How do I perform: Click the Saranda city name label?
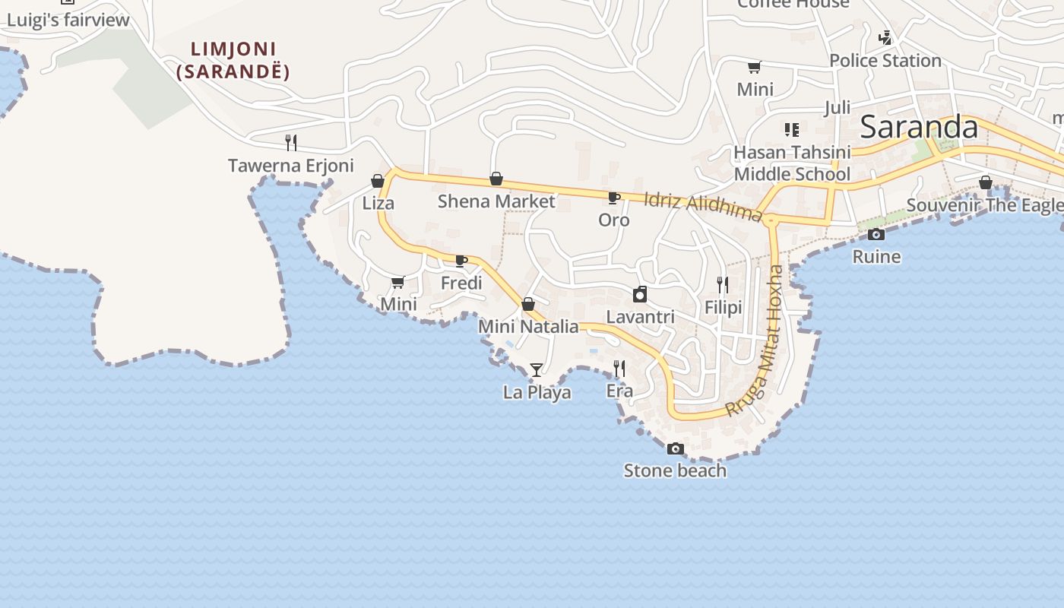[918, 127]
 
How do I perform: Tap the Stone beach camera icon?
[675, 449]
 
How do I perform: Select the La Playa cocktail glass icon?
[537, 370]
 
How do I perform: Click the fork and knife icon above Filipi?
[723, 285]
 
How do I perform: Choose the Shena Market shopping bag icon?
[496, 179]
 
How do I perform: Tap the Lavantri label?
[640, 316]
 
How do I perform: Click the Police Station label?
[885, 61]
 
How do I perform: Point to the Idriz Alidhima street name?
[702, 207]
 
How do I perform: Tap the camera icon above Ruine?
[876, 234]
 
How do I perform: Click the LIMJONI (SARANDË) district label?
[233, 61]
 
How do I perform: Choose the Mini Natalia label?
[528, 327]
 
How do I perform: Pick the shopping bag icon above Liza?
[378, 181]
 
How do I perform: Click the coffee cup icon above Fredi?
[461, 261]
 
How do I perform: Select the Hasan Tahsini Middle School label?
[791, 163]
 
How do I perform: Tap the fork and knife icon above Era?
[619, 369]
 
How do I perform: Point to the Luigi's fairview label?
[68, 21]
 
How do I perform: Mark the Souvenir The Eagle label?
[984, 205]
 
